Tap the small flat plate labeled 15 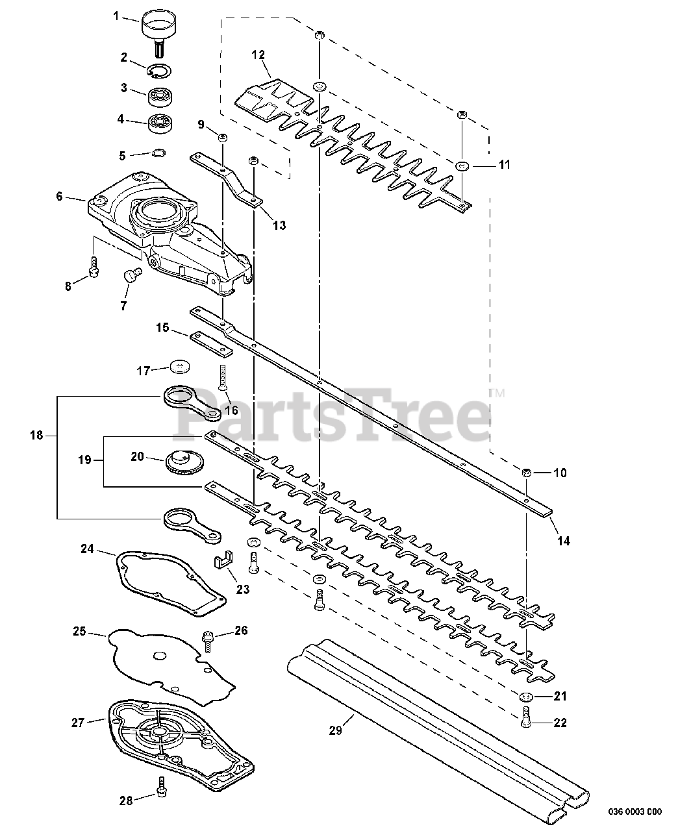pos(212,342)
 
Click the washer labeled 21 pos(525,697)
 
